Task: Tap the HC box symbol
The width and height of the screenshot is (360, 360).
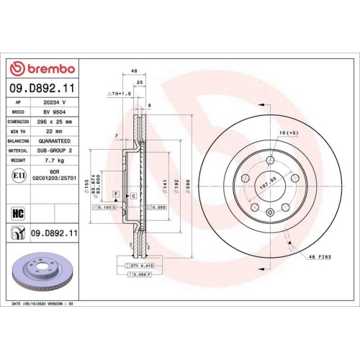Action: click(x=17, y=212)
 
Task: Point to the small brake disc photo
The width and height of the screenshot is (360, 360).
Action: click(x=42, y=274)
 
